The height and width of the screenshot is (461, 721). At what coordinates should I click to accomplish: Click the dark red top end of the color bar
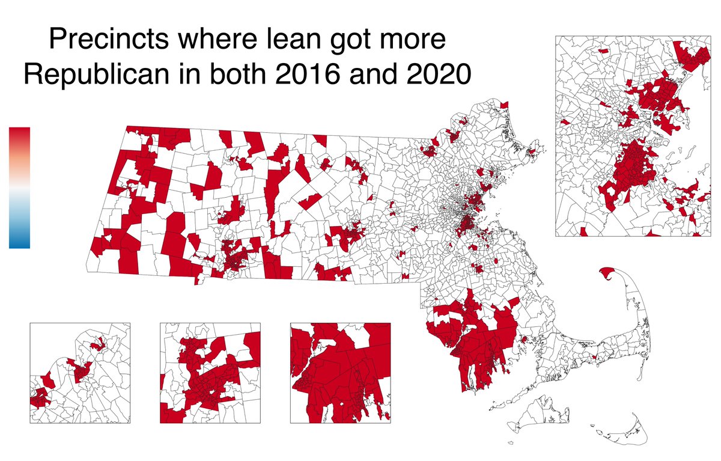(x=19, y=132)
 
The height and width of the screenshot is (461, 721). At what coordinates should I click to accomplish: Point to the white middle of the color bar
(x=19, y=188)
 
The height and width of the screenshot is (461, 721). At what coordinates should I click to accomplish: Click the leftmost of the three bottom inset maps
(x=79, y=373)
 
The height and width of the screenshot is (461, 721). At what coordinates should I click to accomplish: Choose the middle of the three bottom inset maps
(x=210, y=373)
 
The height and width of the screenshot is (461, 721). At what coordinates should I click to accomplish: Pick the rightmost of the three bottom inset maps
(x=340, y=373)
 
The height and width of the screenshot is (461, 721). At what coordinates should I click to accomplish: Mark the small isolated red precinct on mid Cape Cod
(x=594, y=358)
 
